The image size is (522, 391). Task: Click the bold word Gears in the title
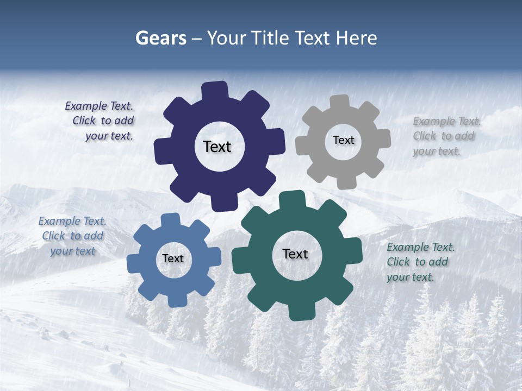(x=160, y=38)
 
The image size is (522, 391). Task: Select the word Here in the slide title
(x=357, y=38)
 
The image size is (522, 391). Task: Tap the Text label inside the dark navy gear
(x=217, y=147)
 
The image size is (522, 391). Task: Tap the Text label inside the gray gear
(x=343, y=140)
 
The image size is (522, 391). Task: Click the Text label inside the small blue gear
(x=172, y=258)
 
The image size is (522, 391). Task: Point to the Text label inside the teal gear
(x=295, y=254)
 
